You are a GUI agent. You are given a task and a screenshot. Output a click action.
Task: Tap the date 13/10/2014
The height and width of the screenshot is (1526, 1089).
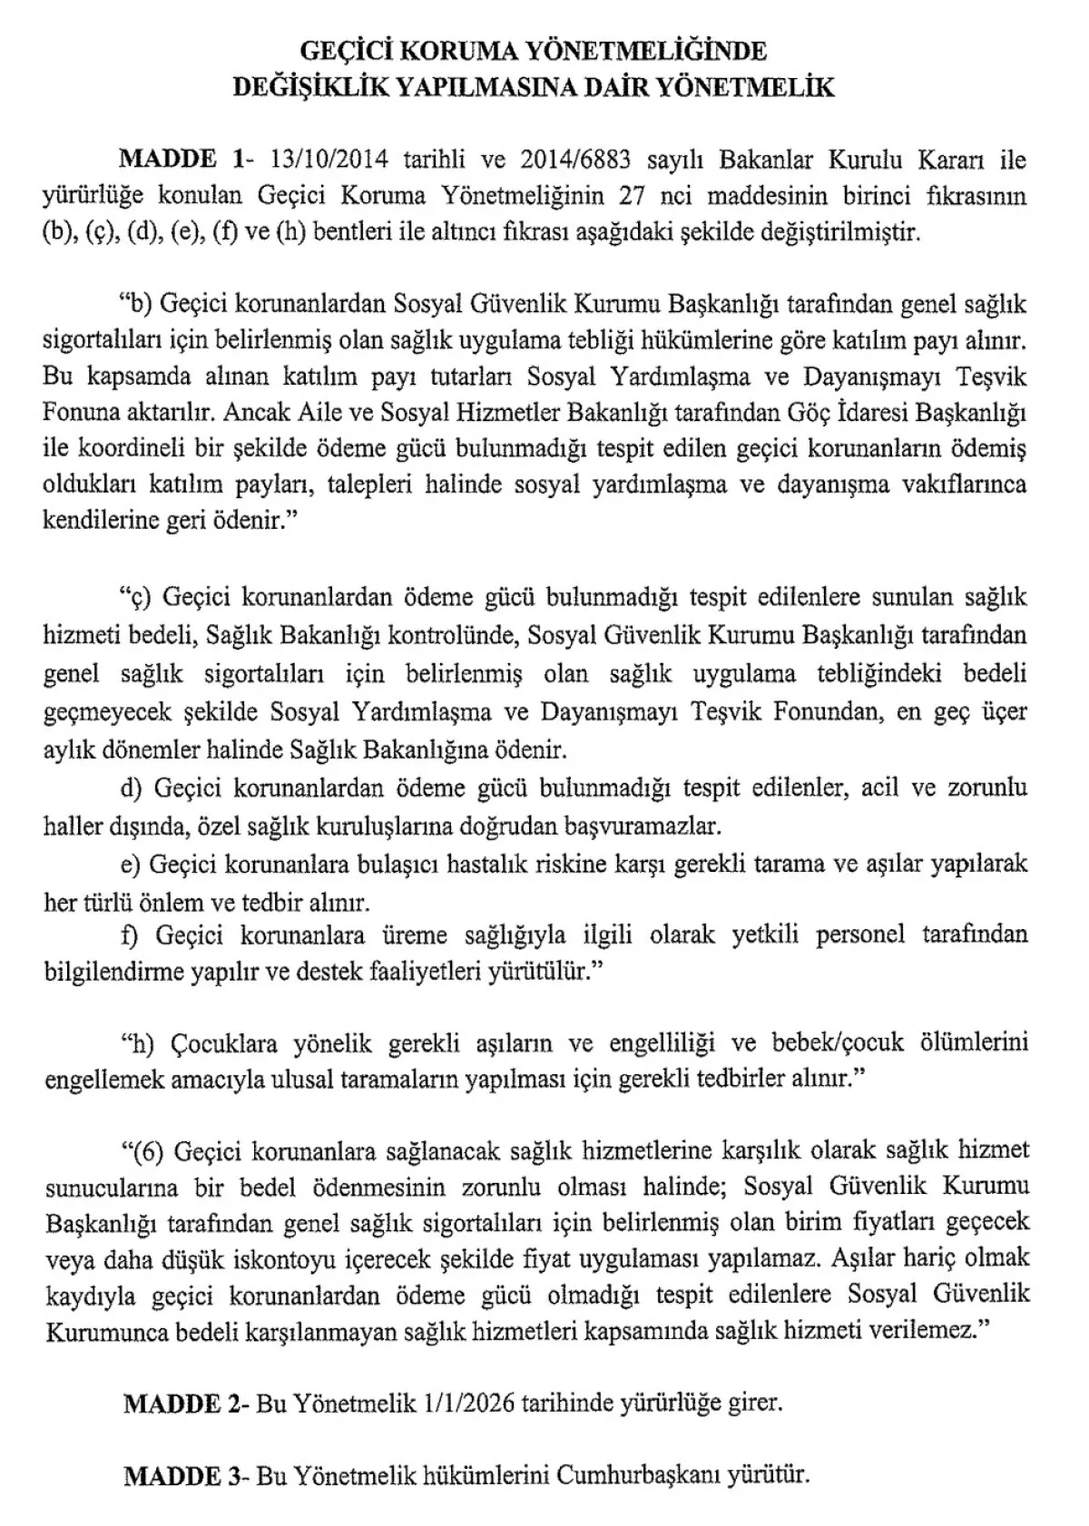(329, 161)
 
